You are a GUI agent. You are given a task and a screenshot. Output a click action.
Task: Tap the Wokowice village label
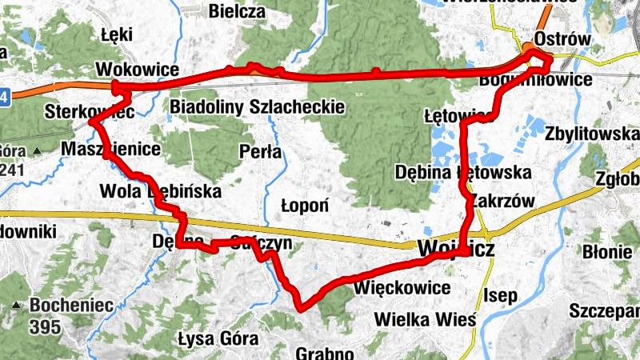pos(137,70)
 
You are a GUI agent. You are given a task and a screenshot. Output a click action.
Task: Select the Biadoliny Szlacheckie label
pos(257,106)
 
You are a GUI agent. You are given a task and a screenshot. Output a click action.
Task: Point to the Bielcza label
pos(236,11)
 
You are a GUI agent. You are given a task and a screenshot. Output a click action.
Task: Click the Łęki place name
pos(116,34)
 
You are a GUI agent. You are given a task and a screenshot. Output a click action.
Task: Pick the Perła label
pos(260,150)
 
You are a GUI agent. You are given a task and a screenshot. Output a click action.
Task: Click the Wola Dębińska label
pos(160,191)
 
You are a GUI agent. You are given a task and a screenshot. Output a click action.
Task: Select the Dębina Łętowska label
pos(463,172)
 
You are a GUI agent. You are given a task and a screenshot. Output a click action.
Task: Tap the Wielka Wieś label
pos(426,320)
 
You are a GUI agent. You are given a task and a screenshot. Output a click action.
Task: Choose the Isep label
pos(501,296)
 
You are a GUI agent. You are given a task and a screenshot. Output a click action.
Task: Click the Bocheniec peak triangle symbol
pos(17,305)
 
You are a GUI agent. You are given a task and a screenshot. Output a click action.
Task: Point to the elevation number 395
pos(45,326)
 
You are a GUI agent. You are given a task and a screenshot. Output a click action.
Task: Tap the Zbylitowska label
pos(592,134)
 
